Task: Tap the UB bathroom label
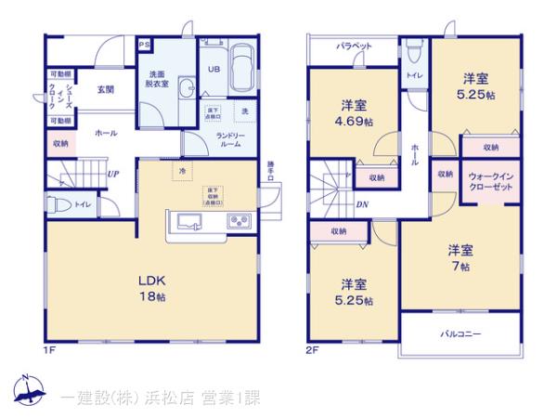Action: (x=212, y=69)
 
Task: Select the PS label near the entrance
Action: (x=144, y=45)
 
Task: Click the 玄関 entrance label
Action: (x=104, y=89)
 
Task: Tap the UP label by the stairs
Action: (x=111, y=174)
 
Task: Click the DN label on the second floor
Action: (x=362, y=204)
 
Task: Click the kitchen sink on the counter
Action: (x=188, y=220)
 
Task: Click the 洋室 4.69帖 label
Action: (x=356, y=113)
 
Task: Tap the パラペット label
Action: (x=355, y=46)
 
